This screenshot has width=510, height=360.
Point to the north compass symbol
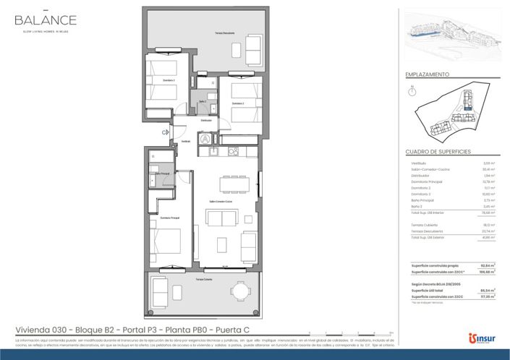point(412,91)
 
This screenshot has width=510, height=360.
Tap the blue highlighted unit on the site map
point(468,109)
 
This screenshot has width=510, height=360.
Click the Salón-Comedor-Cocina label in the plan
point(221,201)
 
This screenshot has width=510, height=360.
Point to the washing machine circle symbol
point(206,137)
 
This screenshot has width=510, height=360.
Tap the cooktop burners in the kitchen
point(233,151)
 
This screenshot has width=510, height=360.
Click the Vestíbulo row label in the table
point(419,163)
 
